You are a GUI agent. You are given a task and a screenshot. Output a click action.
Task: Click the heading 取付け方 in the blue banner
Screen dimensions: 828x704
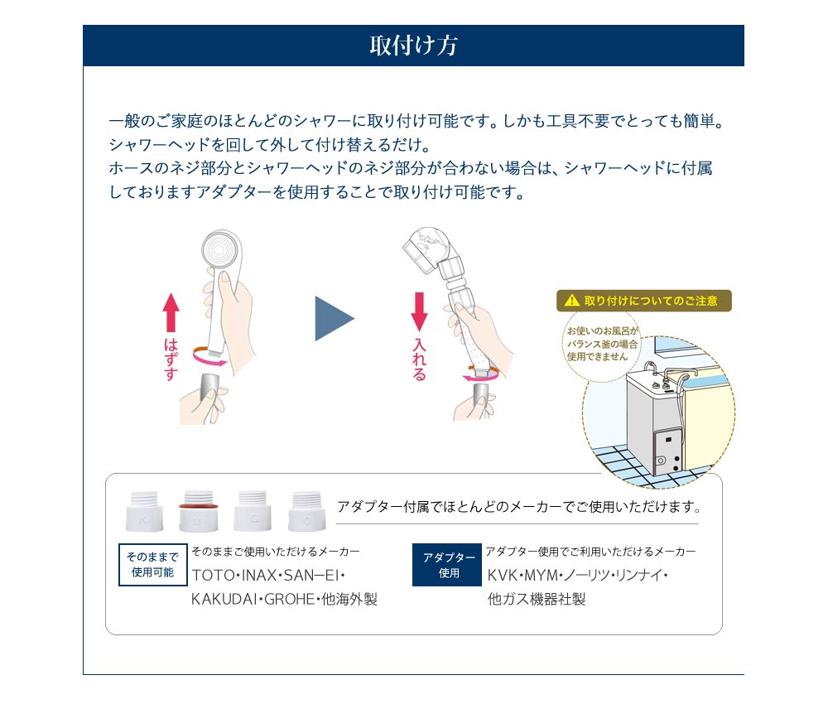click(413, 46)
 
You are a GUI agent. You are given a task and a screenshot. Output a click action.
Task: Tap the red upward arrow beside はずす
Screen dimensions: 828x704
click(171, 312)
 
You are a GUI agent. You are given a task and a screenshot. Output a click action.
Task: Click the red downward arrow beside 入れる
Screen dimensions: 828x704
click(419, 312)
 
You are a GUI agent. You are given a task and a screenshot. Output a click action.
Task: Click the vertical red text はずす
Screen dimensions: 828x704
click(171, 359)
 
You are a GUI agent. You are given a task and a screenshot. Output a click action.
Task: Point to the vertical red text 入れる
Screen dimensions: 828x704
click(419, 359)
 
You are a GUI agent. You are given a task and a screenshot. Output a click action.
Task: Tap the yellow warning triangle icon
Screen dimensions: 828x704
click(572, 301)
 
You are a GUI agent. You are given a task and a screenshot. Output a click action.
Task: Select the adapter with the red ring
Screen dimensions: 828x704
click(198, 511)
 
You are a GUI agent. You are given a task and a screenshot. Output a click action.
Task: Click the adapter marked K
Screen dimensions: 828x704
click(144, 511)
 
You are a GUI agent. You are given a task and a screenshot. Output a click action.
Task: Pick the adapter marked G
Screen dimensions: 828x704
click(253, 511)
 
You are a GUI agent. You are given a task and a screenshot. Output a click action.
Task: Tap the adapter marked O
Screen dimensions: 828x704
click(307, 511)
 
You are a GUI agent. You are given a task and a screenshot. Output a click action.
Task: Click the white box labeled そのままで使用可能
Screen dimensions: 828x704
click(153, 565)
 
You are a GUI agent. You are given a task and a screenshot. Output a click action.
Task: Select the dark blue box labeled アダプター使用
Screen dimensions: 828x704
click(447, 565)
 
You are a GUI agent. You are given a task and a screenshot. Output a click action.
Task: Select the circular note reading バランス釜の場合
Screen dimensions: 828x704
click(602, 343)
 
